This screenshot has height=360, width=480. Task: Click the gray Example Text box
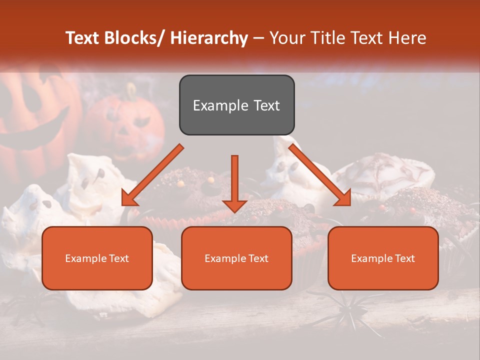(x=236, y=105)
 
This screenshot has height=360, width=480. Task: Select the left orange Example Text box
(x=97, y=258)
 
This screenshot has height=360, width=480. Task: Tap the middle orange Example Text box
(x=236, y=258)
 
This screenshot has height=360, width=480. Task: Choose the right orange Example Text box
(x=383, y=258)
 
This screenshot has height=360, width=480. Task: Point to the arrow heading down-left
(x=152, y=175)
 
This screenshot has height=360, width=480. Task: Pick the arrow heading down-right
(x=320, y=175)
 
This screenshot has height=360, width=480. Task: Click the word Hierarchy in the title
(x=208, y=38)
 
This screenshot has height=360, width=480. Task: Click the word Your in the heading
(x=286, y=38)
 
